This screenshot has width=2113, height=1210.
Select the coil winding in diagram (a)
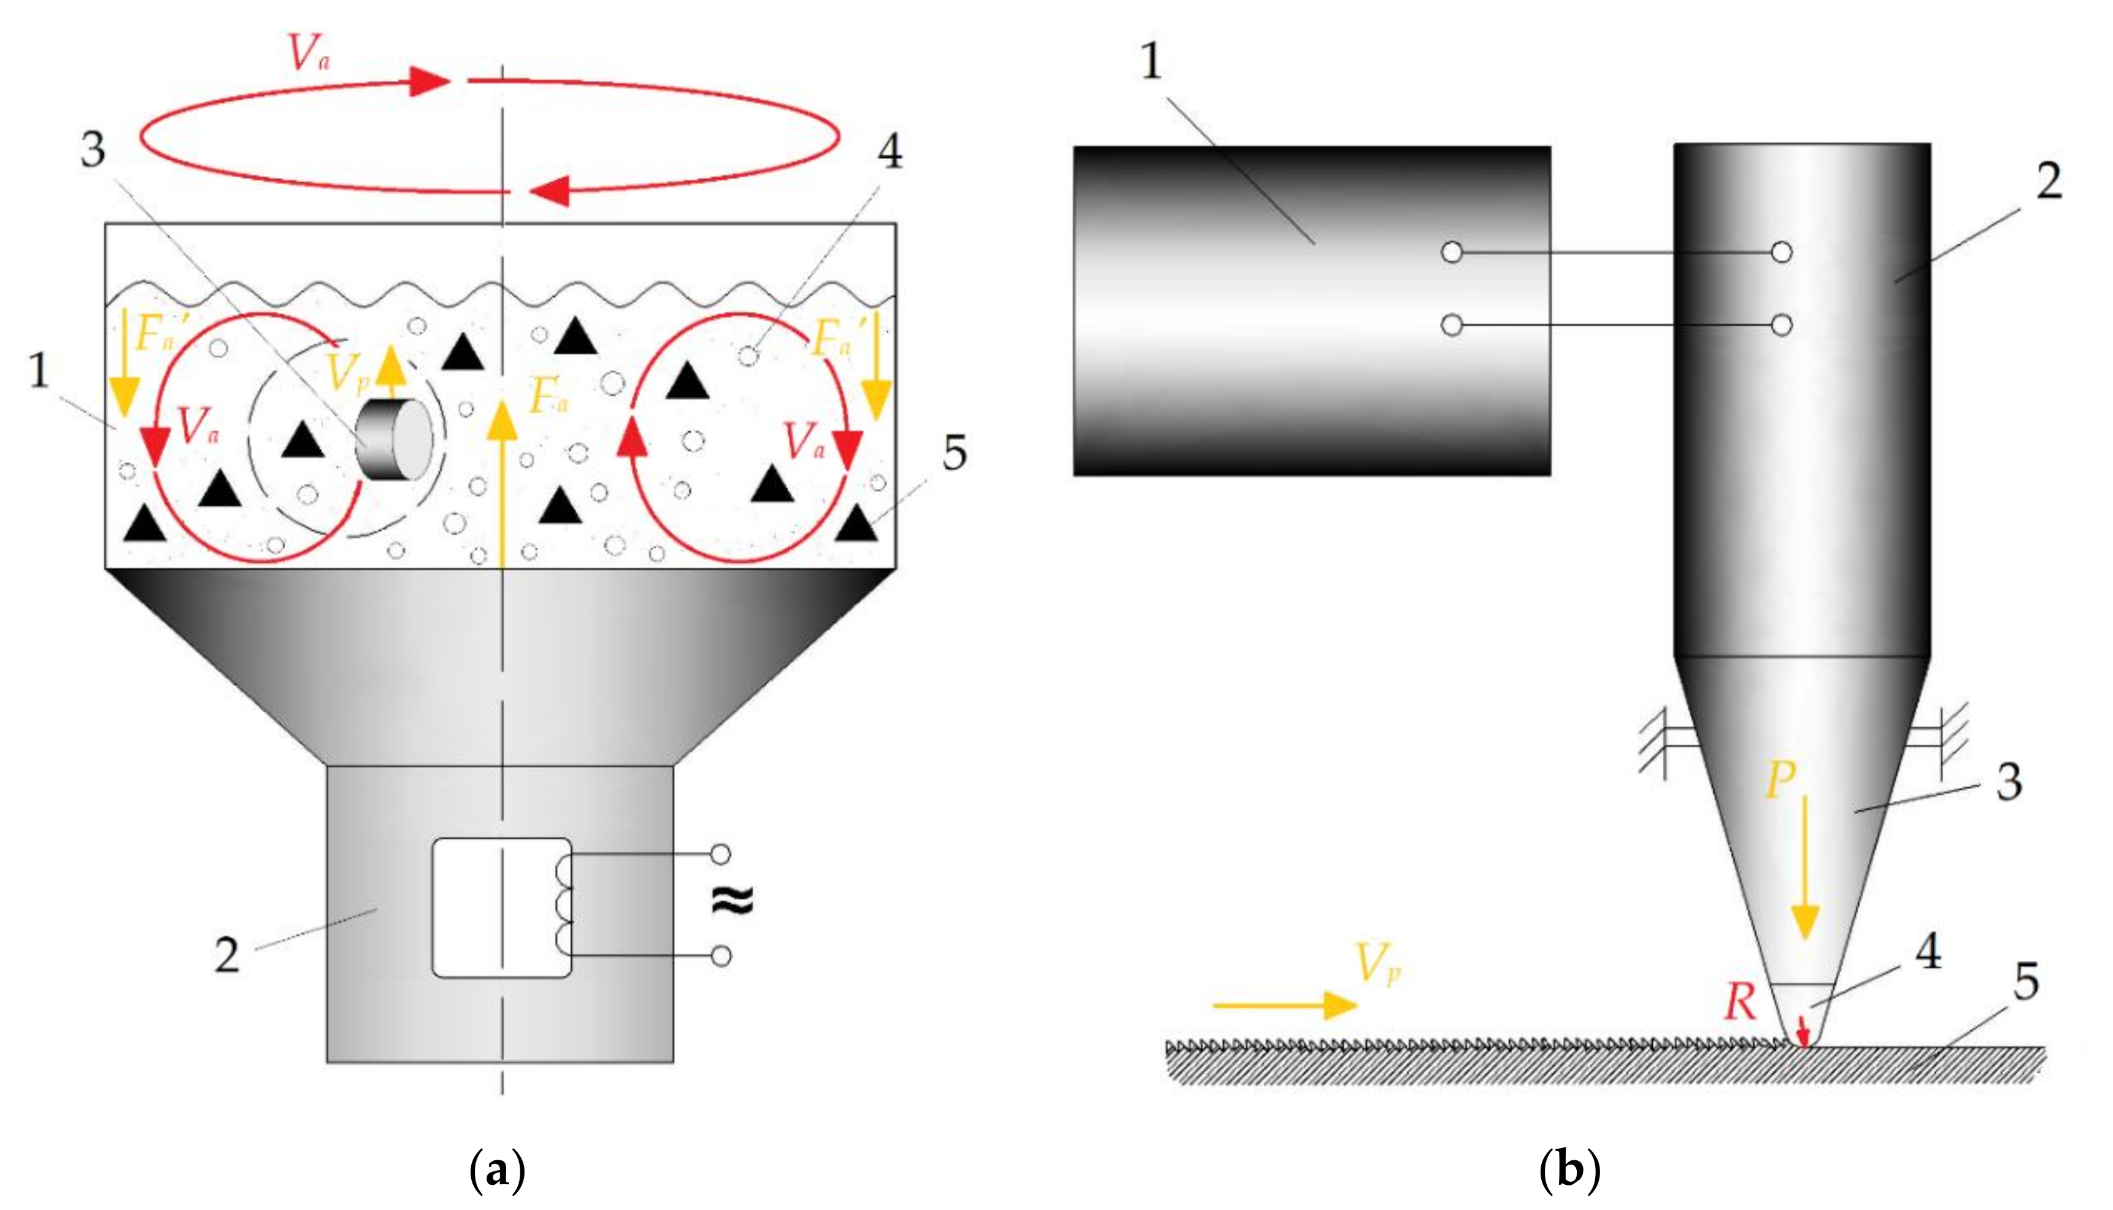564,906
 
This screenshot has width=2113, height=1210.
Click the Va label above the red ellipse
308,53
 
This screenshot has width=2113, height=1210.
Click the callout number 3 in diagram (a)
93,150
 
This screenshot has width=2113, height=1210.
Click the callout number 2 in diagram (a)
227,956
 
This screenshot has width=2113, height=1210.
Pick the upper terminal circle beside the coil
722,854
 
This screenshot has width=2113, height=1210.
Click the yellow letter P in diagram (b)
1780,781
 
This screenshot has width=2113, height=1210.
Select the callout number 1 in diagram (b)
1151,63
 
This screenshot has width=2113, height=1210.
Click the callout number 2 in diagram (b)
2049,181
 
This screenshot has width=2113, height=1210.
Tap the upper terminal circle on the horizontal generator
1452,252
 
